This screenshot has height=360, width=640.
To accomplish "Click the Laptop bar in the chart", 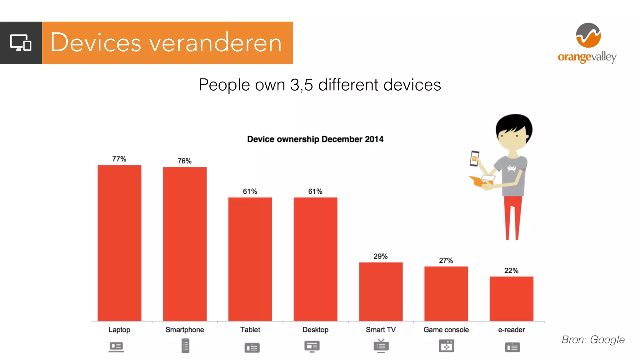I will pos(119,243).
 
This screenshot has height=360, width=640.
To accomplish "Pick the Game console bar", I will pos(446,293).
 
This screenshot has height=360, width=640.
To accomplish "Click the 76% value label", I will pos(184,161).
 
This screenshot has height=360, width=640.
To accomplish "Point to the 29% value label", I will pos(380,256).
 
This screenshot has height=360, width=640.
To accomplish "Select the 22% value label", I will pos(511,271).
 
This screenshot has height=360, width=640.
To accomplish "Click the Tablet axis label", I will pos(250,330).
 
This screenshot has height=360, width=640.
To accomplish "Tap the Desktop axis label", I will pos(315,330).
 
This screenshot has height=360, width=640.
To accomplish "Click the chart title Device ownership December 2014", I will pos(315,139).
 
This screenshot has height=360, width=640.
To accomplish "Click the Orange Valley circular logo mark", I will pos(588,35).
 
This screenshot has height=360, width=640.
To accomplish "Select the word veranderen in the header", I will pos(216,43).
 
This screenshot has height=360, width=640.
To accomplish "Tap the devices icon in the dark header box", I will pos(21,43).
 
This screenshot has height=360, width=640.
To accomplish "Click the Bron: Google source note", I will pos(593,340).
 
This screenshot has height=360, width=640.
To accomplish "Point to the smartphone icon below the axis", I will pos(185,346).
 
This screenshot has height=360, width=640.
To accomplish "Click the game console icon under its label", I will pos(446,346).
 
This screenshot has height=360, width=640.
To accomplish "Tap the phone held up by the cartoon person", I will pos(474,158).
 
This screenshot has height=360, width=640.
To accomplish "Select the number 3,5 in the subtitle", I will pos(301,85).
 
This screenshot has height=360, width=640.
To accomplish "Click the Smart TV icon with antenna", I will pos(381,346).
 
